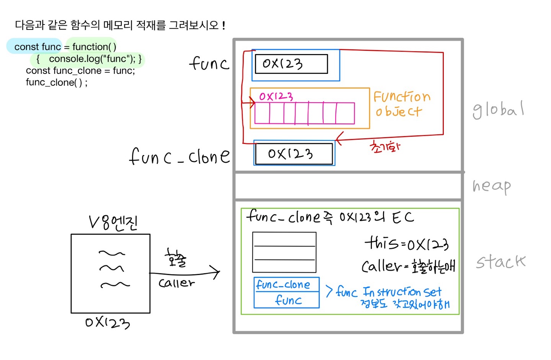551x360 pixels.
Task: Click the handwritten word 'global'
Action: click(498, 110)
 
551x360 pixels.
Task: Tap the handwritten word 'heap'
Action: click(492, 186)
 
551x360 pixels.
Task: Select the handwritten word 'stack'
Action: click(501, 262)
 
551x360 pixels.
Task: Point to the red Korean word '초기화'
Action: click(385, 147)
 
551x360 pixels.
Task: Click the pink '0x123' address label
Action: click(276, 96)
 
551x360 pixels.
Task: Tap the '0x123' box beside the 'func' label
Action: click(292, 64)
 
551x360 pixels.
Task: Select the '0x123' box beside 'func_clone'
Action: click(293, 154)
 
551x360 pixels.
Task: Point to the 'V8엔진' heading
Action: click(113, 222)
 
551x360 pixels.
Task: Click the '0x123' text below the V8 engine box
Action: click(108, 322)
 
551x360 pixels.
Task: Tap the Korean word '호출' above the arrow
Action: click(176, 257)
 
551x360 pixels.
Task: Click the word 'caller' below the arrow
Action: click(176, 283)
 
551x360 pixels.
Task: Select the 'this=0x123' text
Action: click(406, 243)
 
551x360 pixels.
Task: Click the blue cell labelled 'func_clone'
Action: click(286, 285)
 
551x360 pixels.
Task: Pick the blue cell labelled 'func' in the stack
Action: click(288, 300)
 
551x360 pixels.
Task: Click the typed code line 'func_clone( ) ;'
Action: click(57, 82)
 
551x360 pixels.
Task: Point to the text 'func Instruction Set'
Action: click(389, 292)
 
